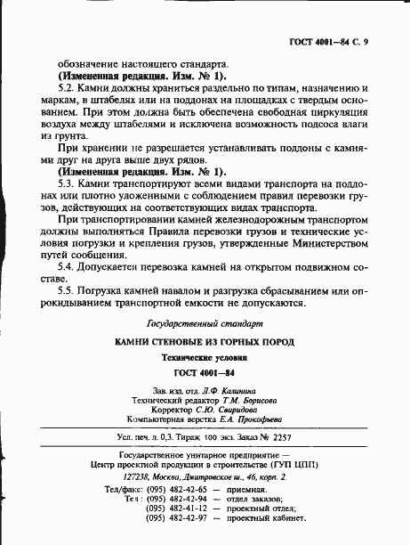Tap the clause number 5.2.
coord(67,89)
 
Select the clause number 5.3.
coord(67,182)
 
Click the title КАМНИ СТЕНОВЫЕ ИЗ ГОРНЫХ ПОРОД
coord(205,342)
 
